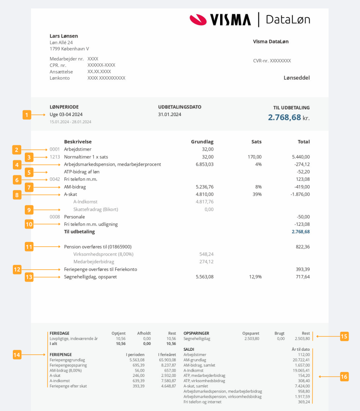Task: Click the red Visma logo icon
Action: [197, 19]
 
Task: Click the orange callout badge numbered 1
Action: [27, 115]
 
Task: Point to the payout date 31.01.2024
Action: [170, 114]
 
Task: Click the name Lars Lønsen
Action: [64, 36]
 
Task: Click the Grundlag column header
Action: [202, 142]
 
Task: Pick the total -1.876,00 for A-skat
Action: [298, 194]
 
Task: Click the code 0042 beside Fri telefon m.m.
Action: [54, 179]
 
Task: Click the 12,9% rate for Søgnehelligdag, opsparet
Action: [255, 277]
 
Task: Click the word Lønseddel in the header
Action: [297, 78]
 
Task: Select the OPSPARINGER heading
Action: [196, 333]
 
